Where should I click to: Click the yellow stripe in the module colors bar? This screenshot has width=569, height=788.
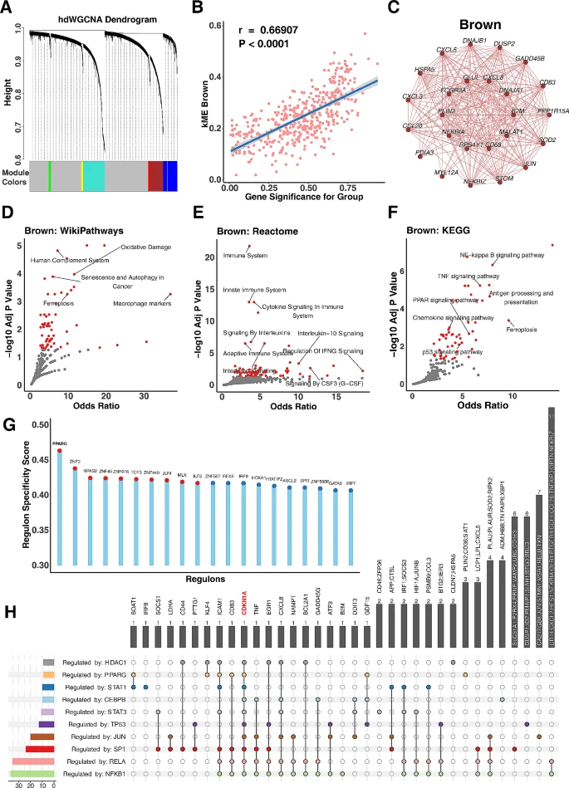pyautogui.click(x=81, y=176)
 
